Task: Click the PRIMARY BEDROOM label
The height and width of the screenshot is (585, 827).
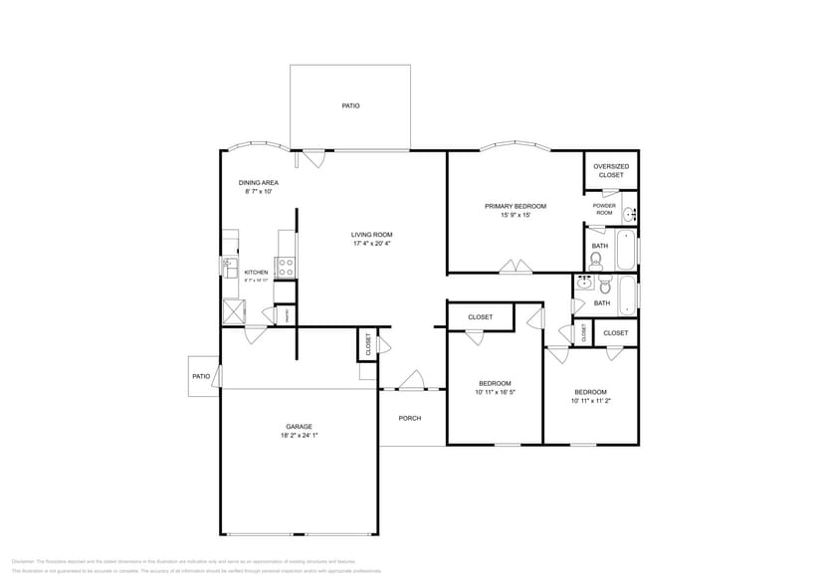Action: point(516,206)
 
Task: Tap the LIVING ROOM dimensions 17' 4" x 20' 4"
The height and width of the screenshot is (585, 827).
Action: point(372,244)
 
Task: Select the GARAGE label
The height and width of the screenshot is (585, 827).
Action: point(300,426)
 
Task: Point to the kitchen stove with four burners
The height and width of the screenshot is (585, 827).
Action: point(285,267)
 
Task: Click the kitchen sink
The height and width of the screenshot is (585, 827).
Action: point(227,266)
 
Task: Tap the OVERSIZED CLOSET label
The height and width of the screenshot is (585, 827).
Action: point(611,171)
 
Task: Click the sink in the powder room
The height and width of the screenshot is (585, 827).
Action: point(629,214)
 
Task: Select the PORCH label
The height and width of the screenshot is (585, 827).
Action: point(410,418)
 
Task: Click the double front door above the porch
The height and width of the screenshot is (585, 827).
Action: point(411,382)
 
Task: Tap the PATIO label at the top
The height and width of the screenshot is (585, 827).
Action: point(350,105)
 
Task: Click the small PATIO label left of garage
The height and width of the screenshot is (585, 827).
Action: point(201,376)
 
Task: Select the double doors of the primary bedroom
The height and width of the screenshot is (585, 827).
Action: point(516,267)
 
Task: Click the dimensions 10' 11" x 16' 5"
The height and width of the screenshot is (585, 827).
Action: point(495,392)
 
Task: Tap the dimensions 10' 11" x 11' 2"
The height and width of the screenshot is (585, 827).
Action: point(590,401)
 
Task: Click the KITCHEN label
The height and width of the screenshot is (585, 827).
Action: point(257,272)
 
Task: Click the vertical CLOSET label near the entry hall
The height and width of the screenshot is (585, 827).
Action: point(367,345)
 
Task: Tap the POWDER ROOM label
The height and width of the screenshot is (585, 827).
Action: point(604,209)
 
